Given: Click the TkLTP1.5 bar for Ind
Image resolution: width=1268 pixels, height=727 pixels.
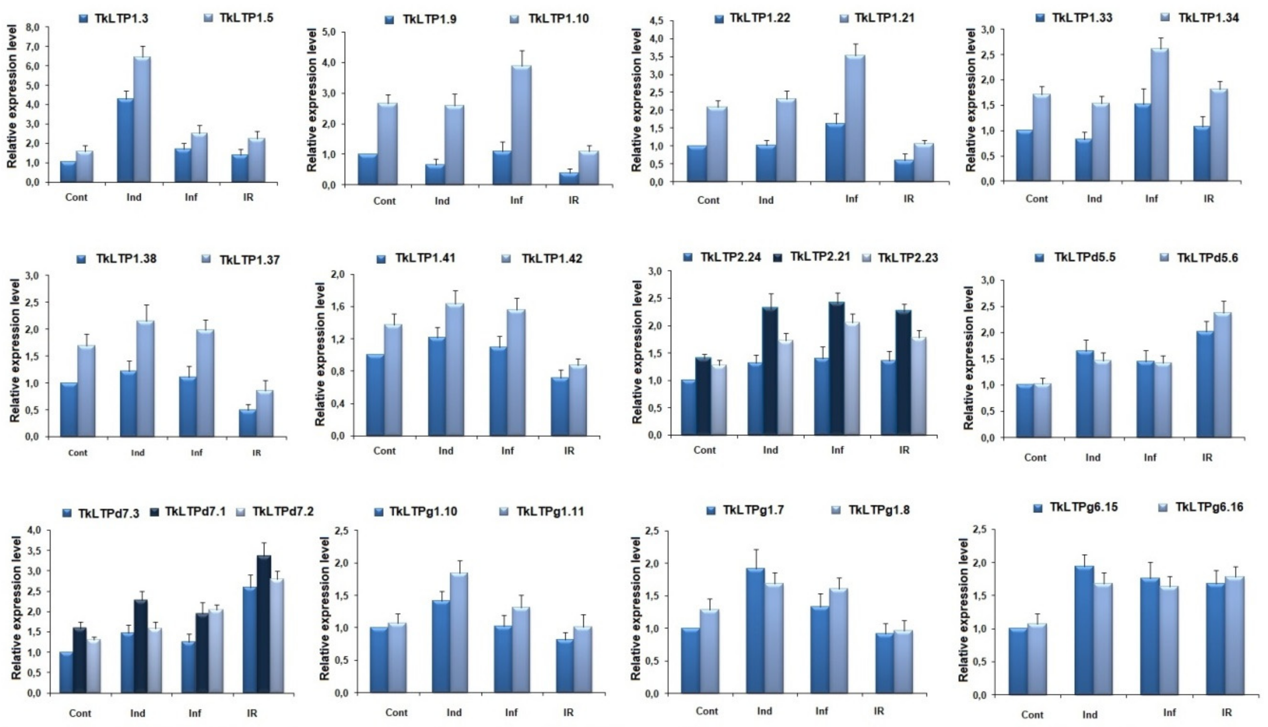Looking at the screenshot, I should (142, 120).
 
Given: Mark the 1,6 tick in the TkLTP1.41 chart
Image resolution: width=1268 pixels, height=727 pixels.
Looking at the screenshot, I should (344, 307).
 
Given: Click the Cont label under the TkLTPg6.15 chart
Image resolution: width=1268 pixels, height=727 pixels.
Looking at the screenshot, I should (1032, 715).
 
